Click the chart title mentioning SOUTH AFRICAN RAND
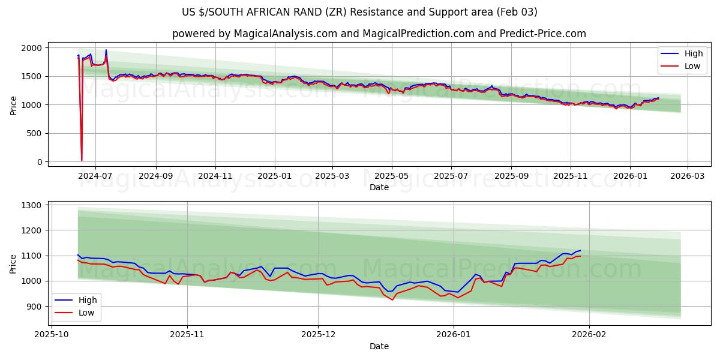359,12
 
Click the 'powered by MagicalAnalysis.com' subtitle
379,34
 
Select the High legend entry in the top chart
684,53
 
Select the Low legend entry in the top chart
684,66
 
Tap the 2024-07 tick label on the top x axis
95,176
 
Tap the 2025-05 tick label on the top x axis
392,176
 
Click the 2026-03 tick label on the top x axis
687,176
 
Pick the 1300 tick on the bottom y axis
32,205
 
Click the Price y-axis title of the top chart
14,105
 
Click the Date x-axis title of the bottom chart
379,346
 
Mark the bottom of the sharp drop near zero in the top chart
82,160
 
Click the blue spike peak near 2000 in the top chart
106,50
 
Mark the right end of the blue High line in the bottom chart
580,250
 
